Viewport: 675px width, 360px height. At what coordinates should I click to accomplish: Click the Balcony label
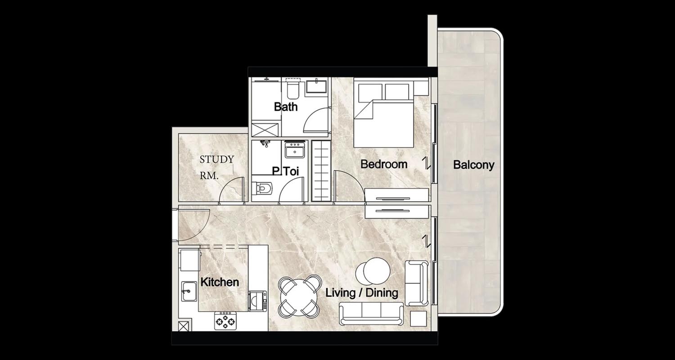click(x=474, y=165)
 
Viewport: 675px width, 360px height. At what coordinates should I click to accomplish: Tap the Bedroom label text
click(x=383, y=164)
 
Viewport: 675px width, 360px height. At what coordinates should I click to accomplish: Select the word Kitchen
click(x=220, y=282)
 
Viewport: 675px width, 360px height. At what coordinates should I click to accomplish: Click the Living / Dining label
click(x=362, y=293)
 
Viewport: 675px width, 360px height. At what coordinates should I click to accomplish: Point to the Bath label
click(x=286, y=107)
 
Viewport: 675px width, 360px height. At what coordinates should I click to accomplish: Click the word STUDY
click(x=216, y=159)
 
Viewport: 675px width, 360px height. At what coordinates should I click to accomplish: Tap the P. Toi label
click(x=285, y=171)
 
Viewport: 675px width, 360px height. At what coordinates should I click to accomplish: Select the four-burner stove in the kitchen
click(x=225, y=320)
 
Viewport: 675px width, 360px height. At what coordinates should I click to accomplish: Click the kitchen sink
click(x=189, y=291)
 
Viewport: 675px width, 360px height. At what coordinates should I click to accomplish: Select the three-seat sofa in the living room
click(x=371, y=314)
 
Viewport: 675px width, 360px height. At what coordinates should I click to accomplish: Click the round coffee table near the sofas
click(x=373, y=271)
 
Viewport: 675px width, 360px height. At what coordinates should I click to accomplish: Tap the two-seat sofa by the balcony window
click(x=416, y=283)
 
